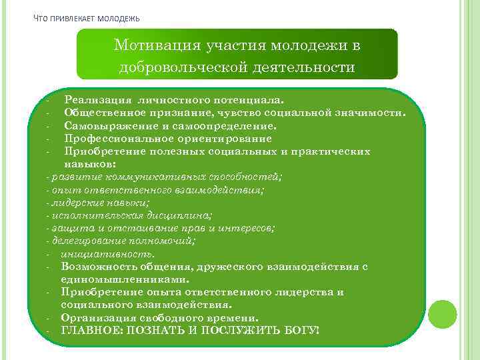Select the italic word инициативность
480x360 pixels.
coord(107,253)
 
